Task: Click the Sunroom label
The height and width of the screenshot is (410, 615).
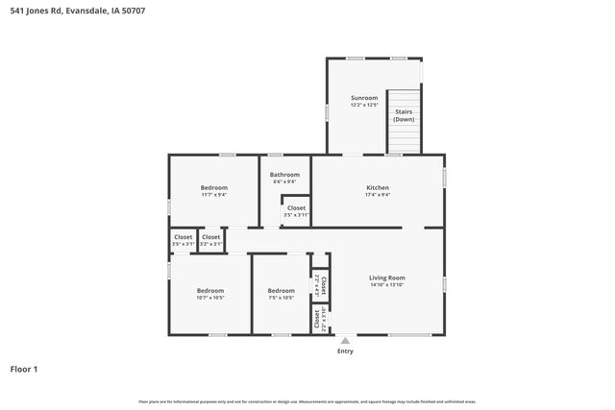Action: click(363, 98)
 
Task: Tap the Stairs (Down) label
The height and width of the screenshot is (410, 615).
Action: click(404, 115)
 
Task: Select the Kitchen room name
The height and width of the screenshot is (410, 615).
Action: click(377, 187)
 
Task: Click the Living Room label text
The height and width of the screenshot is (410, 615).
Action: click(386, 277)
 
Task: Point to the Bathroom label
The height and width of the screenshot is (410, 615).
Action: click(284, 175)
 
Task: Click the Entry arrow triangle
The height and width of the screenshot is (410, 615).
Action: click(345, 340)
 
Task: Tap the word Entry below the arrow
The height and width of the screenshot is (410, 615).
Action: click(345, 351)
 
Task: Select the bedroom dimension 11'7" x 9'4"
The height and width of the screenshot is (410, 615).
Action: click(213, 195)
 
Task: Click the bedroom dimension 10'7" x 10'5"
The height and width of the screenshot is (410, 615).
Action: click(210, 298)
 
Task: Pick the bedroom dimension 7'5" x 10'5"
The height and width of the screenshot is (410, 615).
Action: click(281, 298)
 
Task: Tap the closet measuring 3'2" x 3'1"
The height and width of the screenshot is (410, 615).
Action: click(210, 244)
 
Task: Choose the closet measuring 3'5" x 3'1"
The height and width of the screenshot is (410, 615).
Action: click(183, 244)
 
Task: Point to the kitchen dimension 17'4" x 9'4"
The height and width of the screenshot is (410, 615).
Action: click(377, 195)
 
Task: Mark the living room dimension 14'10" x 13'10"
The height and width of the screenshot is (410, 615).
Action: click(386, 285)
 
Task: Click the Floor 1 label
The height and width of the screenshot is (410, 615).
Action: click(24, 369)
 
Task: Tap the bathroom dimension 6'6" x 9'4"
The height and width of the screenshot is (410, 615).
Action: click(284, 182)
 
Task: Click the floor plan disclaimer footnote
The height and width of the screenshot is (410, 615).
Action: click(307, 401)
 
